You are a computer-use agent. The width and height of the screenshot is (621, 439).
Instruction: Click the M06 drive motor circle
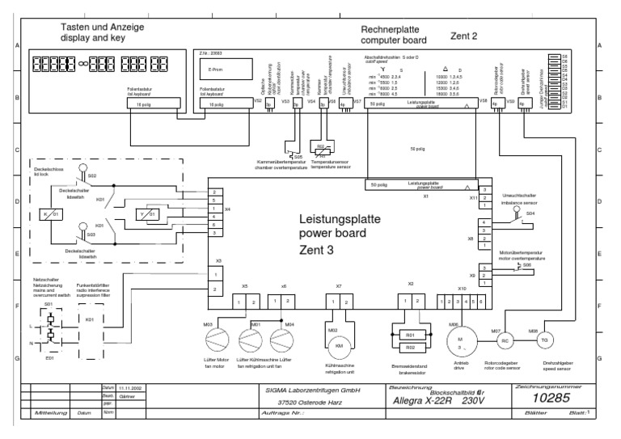pyautogui.click(x=463, y=337)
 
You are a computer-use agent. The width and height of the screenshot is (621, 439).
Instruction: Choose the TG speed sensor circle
pyautogui.click(x=543, y=340)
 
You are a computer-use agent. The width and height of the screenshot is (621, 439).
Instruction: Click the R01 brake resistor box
pyautogui.click(x=410, y=333)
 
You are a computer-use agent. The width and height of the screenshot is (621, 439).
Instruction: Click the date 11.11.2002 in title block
pyautogui.click(x=129, y=388)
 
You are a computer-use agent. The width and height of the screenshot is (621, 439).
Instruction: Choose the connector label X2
pyautogui.click(x=411, y=285)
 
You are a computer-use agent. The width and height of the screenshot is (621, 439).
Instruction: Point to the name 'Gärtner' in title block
pyautogui.click(x=129, y=396)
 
